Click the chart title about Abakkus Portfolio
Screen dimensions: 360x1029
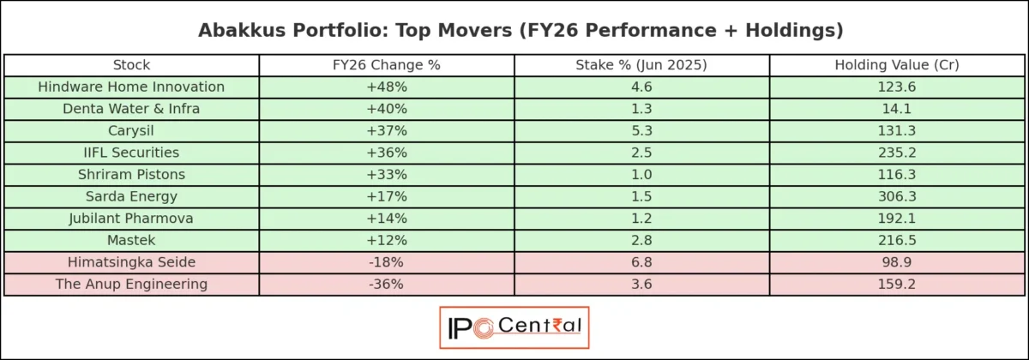pos(514,30)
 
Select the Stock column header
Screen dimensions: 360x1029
pos(131,65)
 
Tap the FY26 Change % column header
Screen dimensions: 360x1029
pos(386,65)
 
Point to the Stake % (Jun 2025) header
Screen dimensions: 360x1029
pos(641,65)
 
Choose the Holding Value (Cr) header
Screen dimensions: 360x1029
pos(897,65)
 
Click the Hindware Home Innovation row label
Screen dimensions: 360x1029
pos(131,87)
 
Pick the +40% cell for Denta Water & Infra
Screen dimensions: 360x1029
pos(386,109)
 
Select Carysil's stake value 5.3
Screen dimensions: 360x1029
pos(641,130)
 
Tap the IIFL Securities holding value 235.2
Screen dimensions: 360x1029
pos(897,153)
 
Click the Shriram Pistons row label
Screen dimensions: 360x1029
pos(131,174)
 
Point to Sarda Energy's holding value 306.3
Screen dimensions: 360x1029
pos(897,196)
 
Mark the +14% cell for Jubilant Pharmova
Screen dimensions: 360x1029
pos(386,218)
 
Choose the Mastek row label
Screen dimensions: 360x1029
pos(131,240)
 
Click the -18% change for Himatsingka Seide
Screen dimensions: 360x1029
pos(386,261)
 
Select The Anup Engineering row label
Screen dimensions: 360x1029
pos(131,284)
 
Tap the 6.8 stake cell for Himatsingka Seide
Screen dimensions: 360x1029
pos(641,261)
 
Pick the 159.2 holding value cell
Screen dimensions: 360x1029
pos(897,284)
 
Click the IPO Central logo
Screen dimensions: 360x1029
pos(514,327)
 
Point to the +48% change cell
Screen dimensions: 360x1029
pos(386,87)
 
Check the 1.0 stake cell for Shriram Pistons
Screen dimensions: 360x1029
pos(641,174)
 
